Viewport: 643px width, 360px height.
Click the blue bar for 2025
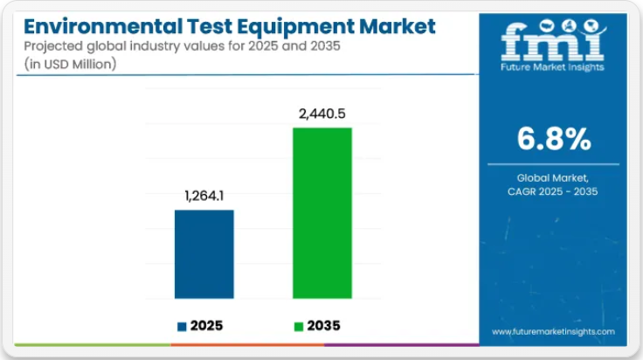204,254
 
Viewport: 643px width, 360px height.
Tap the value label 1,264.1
204,197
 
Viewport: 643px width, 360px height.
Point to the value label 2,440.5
321,114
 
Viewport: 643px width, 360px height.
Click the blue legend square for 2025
182,326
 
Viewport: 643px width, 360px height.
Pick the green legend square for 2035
299,326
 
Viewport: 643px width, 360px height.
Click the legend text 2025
207,326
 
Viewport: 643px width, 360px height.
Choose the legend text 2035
323,326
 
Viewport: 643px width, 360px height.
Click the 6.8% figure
553,139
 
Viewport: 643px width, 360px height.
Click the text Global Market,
553,177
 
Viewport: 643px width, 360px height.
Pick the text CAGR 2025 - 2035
553,191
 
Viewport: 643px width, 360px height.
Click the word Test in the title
204,26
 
